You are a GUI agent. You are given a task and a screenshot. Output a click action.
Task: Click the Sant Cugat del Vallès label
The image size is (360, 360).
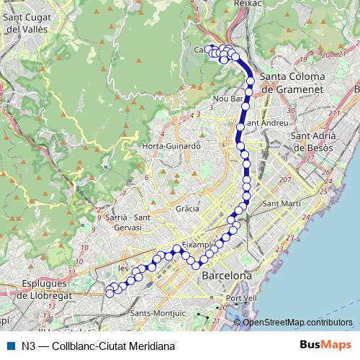(27, 23)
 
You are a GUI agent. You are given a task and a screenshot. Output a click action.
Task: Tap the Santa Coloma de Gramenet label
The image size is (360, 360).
(292, 82)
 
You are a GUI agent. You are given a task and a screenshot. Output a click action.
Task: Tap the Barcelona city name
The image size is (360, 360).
(227, 276)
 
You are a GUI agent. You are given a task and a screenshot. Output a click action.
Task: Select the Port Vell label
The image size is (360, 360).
(241, 298)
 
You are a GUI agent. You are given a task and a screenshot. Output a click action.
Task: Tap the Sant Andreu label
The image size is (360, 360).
(264, 122)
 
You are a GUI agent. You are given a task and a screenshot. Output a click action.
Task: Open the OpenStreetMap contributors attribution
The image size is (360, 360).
(297, 322)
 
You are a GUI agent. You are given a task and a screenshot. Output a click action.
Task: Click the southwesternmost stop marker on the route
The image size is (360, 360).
(109, 292)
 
